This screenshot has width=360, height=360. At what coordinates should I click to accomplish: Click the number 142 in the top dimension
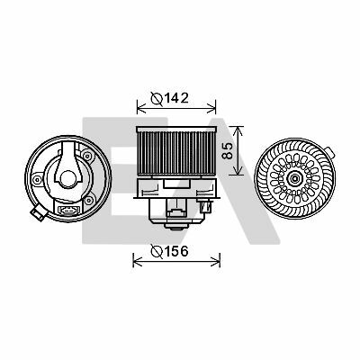pos(176,98)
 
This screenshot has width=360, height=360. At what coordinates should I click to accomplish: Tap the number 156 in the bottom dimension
pos(176,251)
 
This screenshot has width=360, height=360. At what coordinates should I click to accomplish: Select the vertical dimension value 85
pos(229,150)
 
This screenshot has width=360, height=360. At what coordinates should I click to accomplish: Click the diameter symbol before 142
pos(157,98)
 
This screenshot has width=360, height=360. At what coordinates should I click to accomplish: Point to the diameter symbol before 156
pos(157,251)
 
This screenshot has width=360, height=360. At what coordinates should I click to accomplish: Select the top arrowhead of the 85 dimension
pos(238,130)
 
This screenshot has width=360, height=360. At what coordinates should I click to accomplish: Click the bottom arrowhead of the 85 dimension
pos(238,170)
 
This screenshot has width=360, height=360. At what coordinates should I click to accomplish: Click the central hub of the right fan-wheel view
pos(294,179)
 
